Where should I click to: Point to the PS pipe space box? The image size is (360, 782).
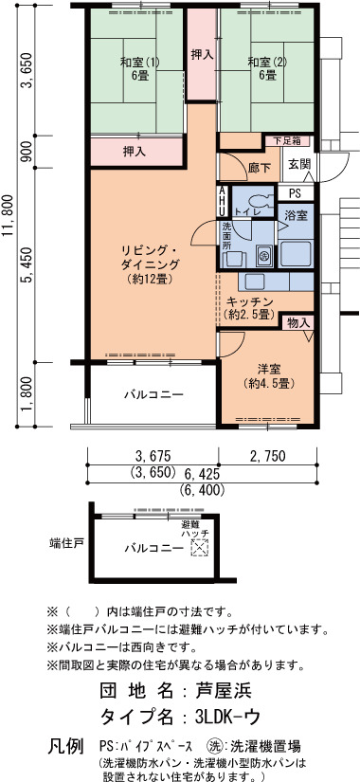pos(296,192)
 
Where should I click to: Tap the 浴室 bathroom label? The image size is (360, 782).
pos(296,216)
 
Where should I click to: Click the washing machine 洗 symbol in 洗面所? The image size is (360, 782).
pos(264,255)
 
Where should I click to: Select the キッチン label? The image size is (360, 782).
pos(249,301)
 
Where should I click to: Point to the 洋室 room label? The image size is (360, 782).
pos(269,370)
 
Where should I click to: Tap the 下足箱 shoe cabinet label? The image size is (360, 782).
pos(288,141)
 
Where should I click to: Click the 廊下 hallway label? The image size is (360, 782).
pos(260,168)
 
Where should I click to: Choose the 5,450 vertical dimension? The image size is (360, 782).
pos(27,264)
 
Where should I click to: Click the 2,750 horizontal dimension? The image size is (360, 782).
pos(267,455)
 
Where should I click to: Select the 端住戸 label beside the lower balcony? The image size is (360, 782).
pos(66,542)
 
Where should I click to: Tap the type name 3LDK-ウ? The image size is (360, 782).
pos(228,718)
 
